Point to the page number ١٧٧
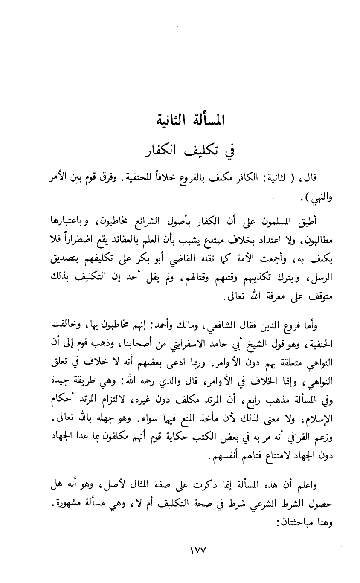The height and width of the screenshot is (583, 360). click(180, 551)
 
